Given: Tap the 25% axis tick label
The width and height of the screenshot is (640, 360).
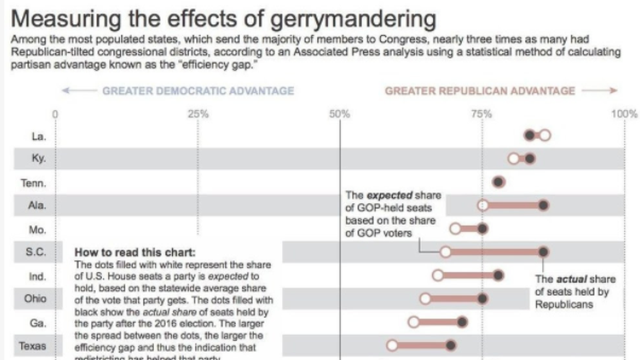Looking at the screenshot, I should pos(197,114).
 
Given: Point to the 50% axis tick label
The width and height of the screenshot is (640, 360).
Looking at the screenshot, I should pos(339,114).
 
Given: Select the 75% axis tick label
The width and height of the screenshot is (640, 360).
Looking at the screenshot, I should pos(482,114).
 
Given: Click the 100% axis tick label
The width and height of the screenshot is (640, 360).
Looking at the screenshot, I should pos(625,114).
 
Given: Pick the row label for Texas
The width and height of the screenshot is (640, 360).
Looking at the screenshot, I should pos(32,346).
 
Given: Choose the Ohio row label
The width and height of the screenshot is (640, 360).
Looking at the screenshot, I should pos(35,299).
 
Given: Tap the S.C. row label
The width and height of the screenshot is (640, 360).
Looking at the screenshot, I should pos(35,252).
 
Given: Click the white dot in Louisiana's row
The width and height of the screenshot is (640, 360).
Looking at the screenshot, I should pos(545,136).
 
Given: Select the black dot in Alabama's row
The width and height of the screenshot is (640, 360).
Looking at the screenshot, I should pos(543,205).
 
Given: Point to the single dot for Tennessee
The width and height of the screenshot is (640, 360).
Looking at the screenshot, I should pos(498,183).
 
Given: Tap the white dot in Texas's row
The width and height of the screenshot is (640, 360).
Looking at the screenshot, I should pos(391,345).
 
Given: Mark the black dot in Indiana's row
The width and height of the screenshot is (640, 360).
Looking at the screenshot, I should pos(498,275).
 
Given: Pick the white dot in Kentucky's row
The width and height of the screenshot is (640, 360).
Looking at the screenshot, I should pos(513,159).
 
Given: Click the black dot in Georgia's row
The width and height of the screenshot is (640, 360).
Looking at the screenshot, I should pos(462,323).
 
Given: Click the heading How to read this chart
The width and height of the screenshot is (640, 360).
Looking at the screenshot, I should pos(135,253).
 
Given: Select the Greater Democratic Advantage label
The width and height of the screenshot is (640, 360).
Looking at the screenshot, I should pos(198,91).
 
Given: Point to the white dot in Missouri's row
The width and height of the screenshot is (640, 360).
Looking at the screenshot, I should pos(455,229).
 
